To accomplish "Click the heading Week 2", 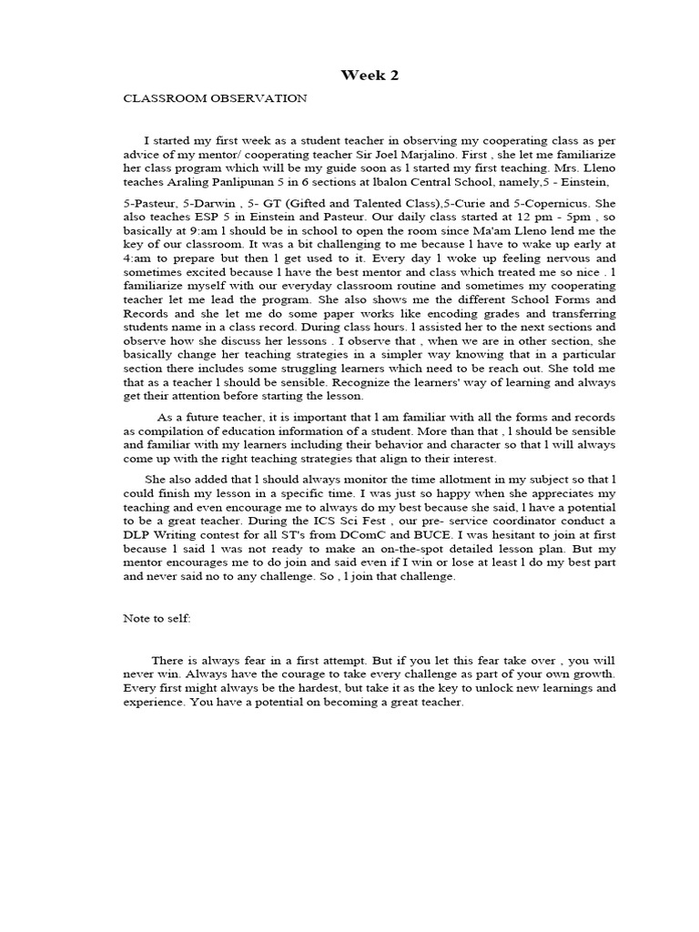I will (370, 76).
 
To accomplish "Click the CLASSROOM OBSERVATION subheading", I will (215, 98).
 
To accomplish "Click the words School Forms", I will (558, 299).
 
